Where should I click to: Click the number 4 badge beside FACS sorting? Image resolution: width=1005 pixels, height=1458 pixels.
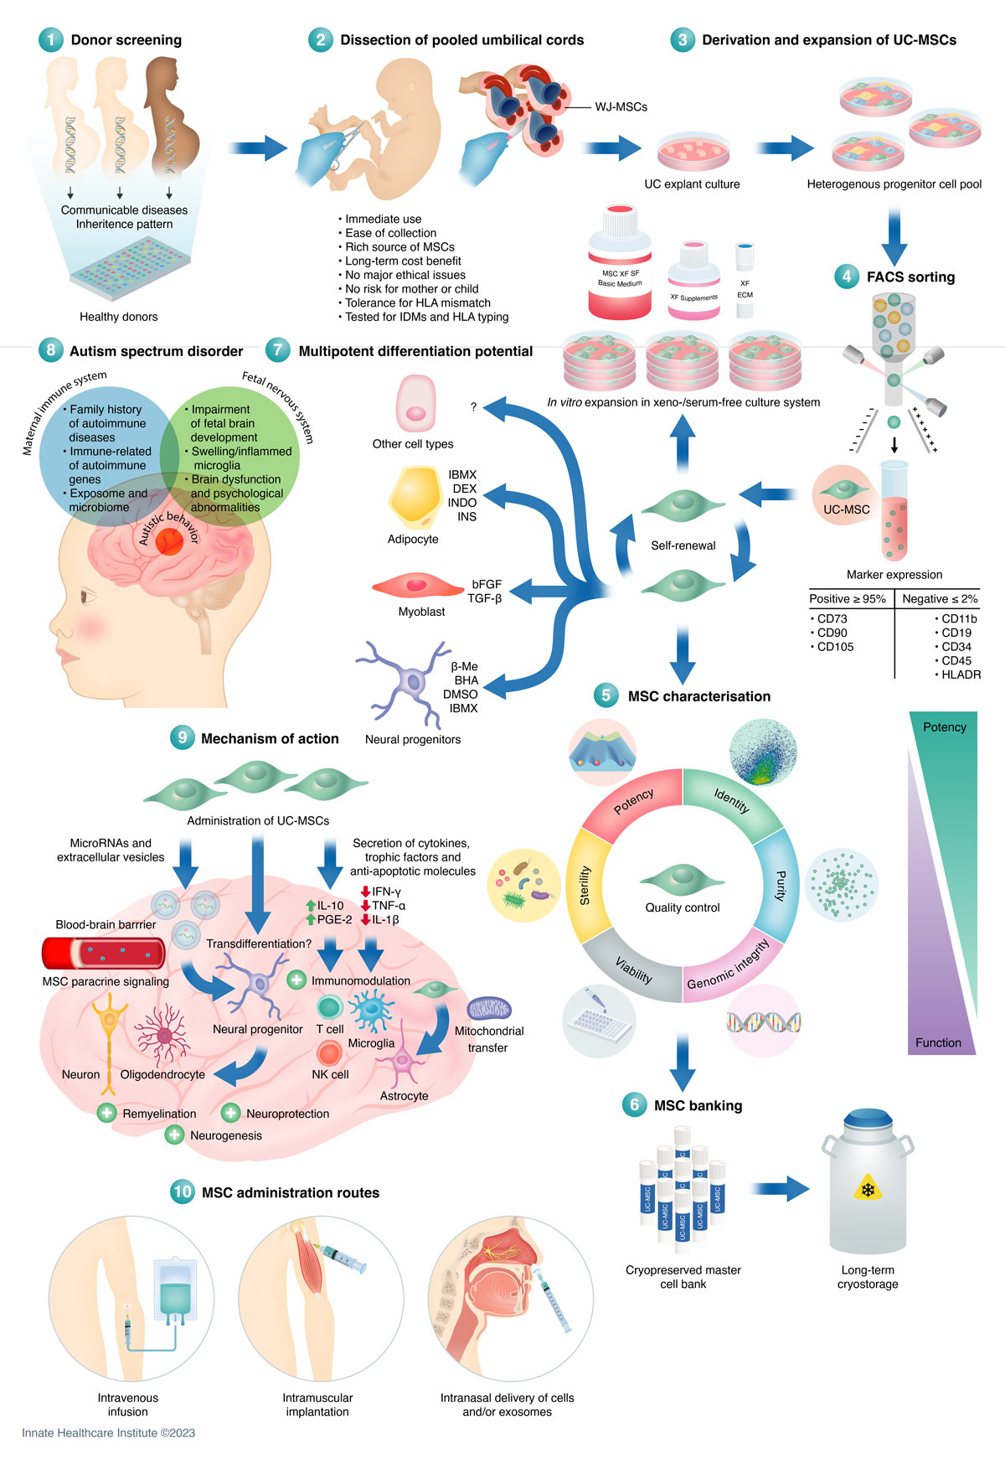tap(847, 277)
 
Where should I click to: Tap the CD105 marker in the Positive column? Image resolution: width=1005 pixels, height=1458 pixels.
tap(835, 647)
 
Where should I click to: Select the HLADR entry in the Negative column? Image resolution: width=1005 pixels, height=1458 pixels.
tap(961, 675)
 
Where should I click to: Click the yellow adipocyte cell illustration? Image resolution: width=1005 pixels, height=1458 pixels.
tap(414, 498)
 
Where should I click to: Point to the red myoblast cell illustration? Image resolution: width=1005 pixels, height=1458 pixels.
tap(416, 585)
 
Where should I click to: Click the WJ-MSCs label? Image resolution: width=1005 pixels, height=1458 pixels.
tap(621, 107)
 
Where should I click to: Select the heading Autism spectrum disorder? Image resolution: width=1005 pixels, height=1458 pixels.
tap(156, 351)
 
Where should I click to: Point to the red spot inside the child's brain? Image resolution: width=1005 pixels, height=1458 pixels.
tap(169, 542)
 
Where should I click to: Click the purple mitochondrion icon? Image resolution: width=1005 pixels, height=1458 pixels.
tap(489, 1008)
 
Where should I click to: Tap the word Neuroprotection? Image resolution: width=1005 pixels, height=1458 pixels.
tap(287, 1114)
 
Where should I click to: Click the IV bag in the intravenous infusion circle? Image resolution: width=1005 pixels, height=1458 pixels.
tap(176, 1290)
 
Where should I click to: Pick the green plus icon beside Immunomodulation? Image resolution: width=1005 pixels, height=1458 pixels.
tap(296, 980)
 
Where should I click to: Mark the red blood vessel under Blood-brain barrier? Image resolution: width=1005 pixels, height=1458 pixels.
tap(104, 954)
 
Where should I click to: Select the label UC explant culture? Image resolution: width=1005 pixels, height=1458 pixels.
tap(692, 184)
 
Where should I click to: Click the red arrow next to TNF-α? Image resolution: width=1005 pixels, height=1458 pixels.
tap(366, 905)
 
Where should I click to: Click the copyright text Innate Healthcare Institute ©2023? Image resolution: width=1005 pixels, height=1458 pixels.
tap(108, 1433)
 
